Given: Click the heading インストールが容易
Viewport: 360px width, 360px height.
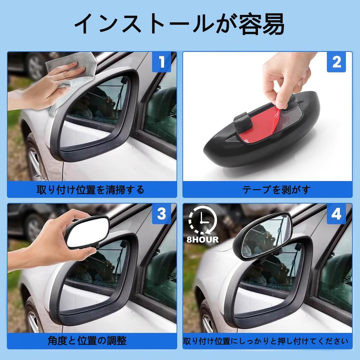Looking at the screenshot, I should click(x=179, y=24).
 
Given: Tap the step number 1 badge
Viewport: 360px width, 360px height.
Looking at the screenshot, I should click(x=161, y=62).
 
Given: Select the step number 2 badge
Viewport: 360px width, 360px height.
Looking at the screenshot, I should click(x=336, y=62).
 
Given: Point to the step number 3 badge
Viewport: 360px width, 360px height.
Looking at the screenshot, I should click(x=161, y=214).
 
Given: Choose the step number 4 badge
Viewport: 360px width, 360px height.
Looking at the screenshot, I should click(x=336, y=214).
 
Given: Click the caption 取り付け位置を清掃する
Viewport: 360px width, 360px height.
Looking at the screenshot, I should click(x=91, y=190).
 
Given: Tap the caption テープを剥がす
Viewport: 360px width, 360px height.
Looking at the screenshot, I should click(x=267, y=190).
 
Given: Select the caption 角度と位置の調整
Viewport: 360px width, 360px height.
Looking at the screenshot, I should click(x=87, y=341).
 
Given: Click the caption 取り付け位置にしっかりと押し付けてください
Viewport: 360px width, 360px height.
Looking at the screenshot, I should click(x=266, y=341).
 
